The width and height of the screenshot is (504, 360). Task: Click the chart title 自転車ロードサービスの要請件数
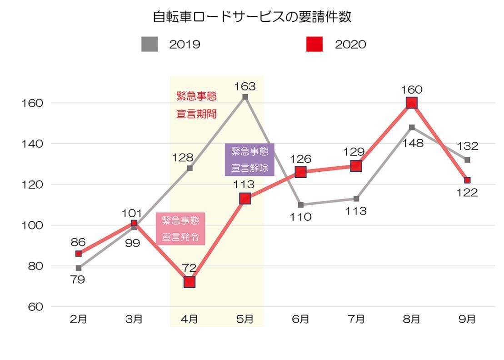[252, 18]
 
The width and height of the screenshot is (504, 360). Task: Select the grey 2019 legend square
[150, 44]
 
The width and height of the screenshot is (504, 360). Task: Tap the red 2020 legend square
[314, 44]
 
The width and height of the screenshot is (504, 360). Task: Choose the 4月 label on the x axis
[189, 319]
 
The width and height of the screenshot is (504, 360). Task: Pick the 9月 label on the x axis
[467, 319]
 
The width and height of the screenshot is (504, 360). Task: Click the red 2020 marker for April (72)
[190, 282]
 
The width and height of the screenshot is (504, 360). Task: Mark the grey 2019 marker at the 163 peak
[245, 97]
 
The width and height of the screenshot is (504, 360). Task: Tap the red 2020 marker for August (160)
[412, 103]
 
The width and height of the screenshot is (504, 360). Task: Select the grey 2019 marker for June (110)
[301, 205]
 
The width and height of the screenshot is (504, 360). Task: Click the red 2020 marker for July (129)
[356, 166]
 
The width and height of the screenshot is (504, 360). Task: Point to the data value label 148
[412, 144]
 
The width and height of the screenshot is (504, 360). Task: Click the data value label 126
[300, 159]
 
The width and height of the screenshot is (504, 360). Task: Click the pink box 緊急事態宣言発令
[180, 229]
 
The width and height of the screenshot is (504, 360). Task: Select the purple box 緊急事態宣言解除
[250, 160]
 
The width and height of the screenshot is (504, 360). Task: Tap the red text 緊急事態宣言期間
[196, 105]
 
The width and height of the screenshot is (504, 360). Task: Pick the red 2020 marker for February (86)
[79, 254]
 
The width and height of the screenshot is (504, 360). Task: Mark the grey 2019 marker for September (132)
[467, 160]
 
